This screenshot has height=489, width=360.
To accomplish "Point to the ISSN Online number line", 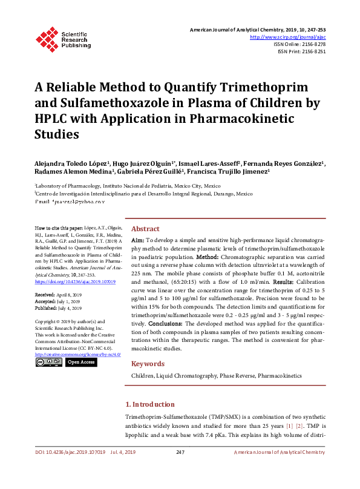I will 299,44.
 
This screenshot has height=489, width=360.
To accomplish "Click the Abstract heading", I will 145,229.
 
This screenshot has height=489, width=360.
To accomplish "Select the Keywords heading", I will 148,364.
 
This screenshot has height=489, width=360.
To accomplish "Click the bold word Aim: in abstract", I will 137,241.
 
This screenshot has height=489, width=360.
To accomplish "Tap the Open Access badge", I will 80,362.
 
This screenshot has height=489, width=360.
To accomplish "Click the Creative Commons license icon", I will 48,362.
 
